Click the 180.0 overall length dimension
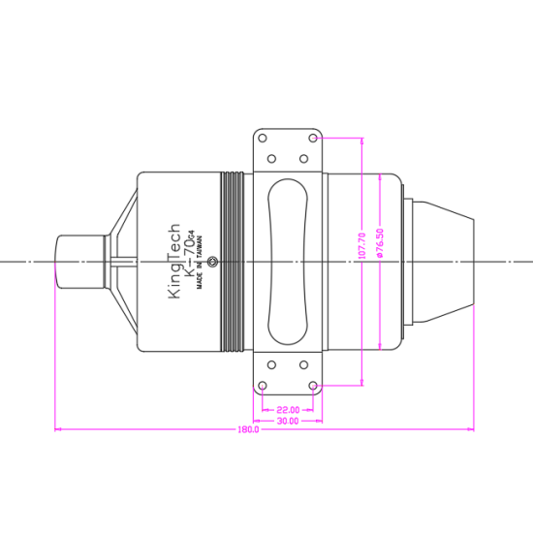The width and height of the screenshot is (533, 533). click(248, 429)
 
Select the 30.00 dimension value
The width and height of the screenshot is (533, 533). click(288, 422)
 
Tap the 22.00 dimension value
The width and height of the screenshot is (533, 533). click(288, 410)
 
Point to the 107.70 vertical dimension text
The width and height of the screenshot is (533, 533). click(362, 246)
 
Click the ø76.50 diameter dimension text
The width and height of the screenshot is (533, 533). click(380, 243)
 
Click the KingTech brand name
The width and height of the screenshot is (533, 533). click(174, 261)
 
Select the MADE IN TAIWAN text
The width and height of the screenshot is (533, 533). click(200, 263)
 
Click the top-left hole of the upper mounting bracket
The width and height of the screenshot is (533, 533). click(263, 139)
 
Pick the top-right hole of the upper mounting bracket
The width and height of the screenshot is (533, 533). click(313, 138)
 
